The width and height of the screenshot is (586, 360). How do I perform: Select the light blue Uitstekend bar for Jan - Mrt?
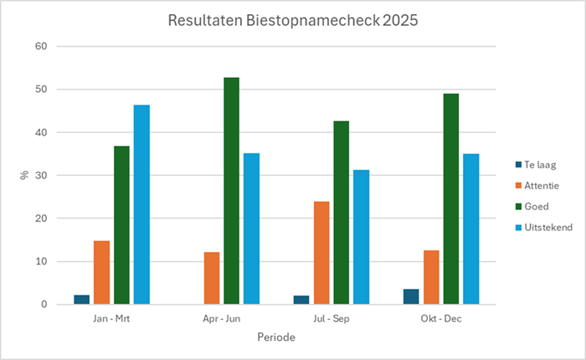(x=141, y=205)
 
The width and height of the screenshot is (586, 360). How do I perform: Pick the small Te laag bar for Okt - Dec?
(x=411, y=297)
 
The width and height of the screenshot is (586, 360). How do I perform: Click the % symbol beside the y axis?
(x=23, y=176)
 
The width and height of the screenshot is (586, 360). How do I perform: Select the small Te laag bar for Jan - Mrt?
(x=81, y=300)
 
